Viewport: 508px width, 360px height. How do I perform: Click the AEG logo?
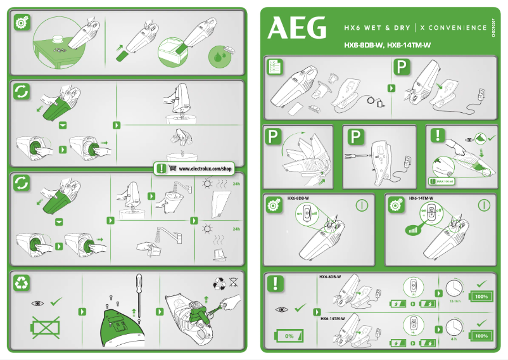(x=297, y=27)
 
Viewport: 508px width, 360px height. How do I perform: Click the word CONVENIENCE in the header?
(x=457, y=29)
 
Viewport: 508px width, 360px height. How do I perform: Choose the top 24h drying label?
(x=237, y=184)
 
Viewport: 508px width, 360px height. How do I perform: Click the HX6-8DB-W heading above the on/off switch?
(x=298, y=198)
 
